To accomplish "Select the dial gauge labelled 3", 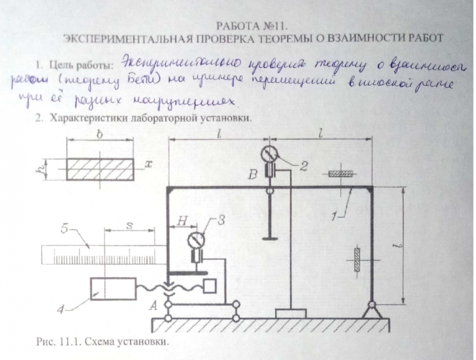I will [195, 240].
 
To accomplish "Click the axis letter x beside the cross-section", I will [149, 164].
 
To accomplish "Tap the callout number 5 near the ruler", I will [65, 229].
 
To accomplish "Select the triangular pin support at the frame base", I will [372, 308].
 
